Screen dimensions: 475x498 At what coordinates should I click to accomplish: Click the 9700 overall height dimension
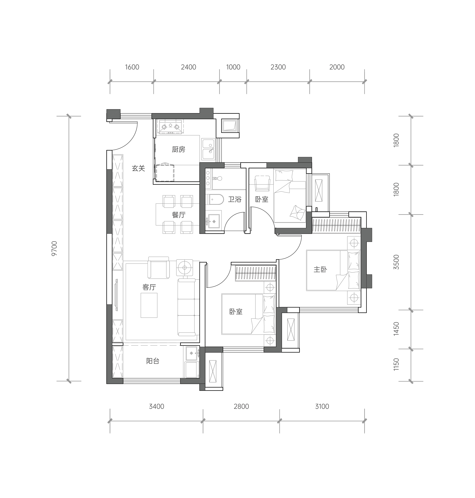54,248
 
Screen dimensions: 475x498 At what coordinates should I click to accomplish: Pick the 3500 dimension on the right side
397,262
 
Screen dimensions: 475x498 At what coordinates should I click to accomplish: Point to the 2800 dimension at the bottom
241,407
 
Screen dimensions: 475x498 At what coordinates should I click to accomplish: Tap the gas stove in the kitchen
170,126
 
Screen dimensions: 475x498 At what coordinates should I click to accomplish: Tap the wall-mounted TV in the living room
117,295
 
